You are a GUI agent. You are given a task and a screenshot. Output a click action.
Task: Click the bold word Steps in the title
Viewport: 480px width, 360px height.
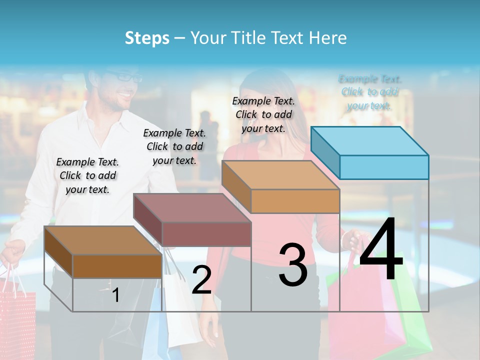147,37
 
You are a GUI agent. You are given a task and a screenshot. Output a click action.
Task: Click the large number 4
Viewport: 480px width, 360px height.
381,250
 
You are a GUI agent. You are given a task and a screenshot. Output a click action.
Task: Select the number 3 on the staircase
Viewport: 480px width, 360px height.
293,265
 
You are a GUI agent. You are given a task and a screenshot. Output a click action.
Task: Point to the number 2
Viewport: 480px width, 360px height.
201,280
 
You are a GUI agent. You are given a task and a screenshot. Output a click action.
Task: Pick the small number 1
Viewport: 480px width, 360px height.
115,295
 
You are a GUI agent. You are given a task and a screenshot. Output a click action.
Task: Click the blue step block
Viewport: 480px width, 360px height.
370,153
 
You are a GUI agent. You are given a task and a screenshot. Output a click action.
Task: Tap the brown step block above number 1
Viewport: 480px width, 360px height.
103,252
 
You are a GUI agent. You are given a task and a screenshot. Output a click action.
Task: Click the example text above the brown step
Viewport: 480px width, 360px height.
87,175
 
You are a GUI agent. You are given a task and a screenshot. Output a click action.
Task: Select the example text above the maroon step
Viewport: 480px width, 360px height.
174,146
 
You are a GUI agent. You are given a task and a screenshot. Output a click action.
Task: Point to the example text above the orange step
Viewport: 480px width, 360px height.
263,114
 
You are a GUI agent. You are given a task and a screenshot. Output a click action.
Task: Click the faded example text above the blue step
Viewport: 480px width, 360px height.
370,92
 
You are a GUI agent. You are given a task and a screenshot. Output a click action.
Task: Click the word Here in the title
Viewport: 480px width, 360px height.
328,37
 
